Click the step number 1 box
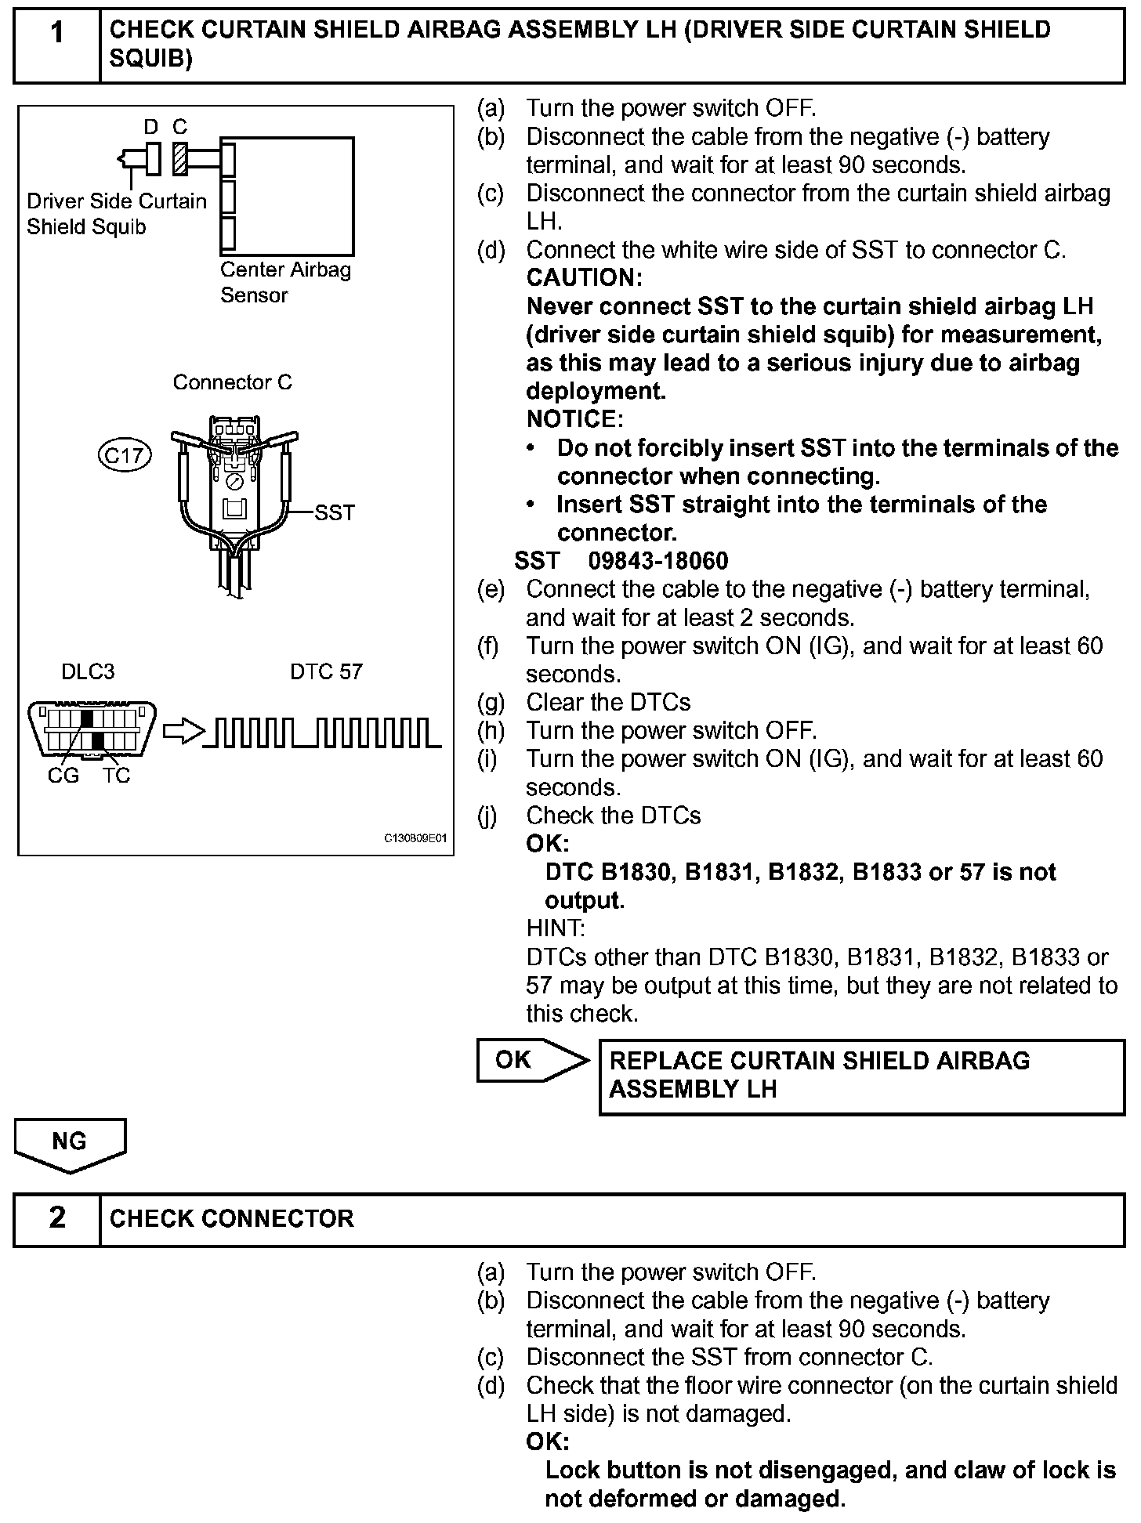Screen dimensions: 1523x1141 tap(57, 45)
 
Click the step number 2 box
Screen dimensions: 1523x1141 tap(57, 1219)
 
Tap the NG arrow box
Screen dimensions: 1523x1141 tap(70, 1143)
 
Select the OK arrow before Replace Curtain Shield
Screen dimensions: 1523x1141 tap(531, 1060)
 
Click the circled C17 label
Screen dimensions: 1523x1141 tap(125, 455)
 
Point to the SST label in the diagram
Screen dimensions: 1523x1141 tap(335, 513)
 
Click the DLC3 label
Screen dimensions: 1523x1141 tap(88, 672)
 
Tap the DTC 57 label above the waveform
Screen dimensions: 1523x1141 tap(326, 672)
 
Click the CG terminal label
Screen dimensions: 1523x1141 tap(63, 776)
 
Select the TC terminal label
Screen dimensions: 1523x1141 tap(116, 776)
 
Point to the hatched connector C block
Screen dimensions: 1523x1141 tap(180, 158)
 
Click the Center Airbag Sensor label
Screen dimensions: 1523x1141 tap(285, 282)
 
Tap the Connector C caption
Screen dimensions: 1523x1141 tap(232, 382)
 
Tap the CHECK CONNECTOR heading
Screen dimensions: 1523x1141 tap(232, 1219)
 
